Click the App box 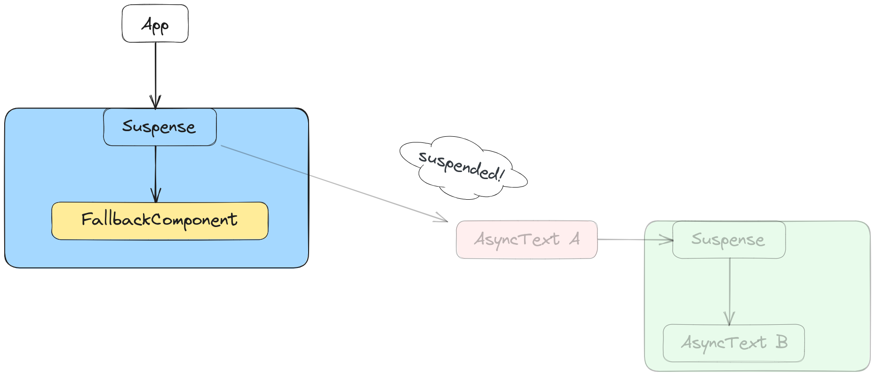coord(155,23)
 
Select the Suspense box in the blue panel coord(160,127)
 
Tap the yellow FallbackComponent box coord(160,221)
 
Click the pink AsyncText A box coord(527,240)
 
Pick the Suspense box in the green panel coord(729,240)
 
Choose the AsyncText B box coord(733,343)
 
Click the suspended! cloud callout coord(461,167)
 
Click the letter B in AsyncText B coord(781,342)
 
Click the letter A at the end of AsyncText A coord(574,239)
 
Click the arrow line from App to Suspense coord(155,70)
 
